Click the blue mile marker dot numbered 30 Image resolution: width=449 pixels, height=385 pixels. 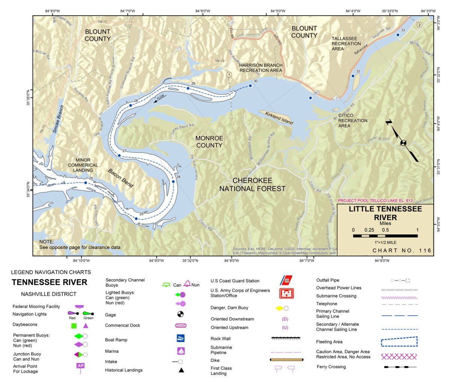point(250,86)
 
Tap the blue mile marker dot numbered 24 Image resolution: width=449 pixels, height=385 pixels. point(85,183)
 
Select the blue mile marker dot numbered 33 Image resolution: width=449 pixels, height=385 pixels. point(398,35)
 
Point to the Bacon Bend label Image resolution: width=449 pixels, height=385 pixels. point(121,178)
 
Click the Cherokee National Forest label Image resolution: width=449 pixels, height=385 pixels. point(252,185)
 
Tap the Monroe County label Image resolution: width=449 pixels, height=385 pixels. point(209,142)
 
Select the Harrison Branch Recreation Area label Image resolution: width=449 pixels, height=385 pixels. point(261,68)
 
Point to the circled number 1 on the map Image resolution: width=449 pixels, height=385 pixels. point(229,75)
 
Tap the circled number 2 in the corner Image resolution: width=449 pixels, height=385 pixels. point(419,25)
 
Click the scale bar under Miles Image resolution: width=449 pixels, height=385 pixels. point(385,236)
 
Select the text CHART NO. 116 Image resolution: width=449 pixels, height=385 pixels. point(402,251)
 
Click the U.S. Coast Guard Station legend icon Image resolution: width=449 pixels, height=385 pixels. point(286,281)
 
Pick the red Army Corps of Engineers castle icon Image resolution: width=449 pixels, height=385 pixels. point(286,293)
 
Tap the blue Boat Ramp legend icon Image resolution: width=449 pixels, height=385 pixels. point(181,338)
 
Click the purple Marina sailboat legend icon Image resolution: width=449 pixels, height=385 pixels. point(181,351)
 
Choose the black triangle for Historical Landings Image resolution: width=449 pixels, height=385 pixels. point(181,370)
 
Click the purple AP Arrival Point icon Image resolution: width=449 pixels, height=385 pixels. point(81,366)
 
